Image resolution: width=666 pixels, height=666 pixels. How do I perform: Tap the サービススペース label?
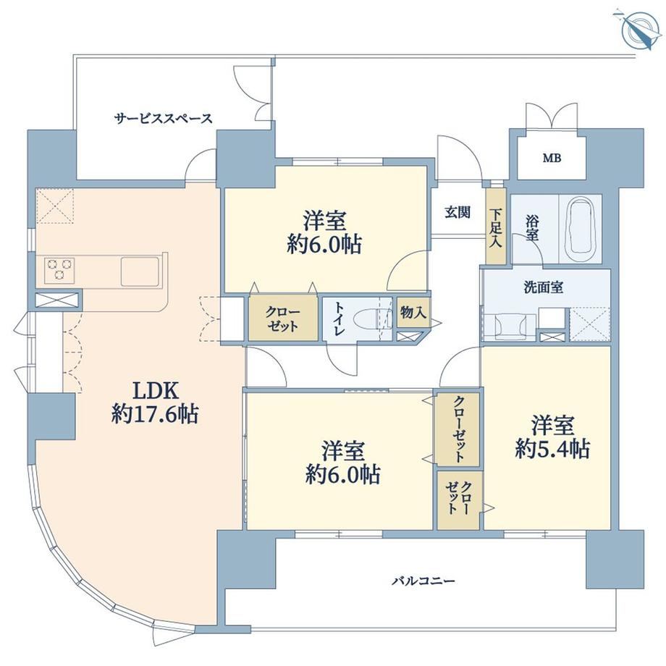(x=164, y=118)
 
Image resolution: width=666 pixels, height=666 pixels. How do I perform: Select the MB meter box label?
(x=552, y=159)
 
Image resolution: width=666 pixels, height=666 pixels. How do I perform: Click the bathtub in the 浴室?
(x=581, y=229)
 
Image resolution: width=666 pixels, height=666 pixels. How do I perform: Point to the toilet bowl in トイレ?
(x=371, y=319)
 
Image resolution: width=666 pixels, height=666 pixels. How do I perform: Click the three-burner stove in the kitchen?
(x=59, y=270)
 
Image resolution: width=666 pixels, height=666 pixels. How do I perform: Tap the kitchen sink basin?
(x=140, y=271)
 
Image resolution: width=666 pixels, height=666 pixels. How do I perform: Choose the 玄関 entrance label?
(x=458, y=211)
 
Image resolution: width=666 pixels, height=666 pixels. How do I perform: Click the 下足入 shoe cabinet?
(x=496, y=227)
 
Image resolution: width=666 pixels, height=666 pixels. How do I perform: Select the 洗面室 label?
(x=543, y=287)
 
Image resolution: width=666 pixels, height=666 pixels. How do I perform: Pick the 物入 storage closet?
(x=413, y=312)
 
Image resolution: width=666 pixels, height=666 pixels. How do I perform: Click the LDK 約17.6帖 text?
(x=155, y=402)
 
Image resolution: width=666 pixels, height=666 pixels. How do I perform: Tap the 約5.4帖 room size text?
(x=552, y=449)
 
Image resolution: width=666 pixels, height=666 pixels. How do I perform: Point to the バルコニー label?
(x=423, y=580)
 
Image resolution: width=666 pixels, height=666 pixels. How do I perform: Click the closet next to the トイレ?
(x=283, y=319)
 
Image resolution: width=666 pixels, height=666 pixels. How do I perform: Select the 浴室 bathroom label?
(x=532, y=229)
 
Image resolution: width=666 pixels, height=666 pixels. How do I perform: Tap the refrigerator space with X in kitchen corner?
(x=55, y=206)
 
